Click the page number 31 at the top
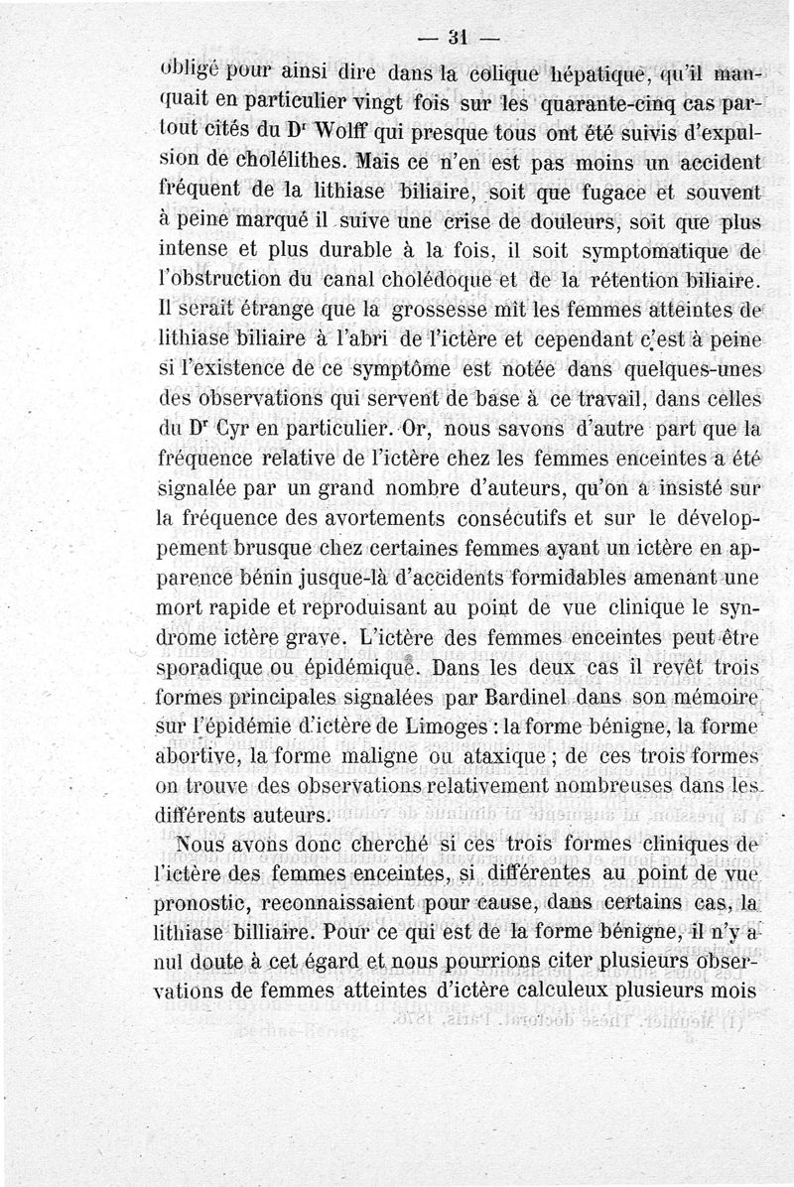click(x=457, y=41)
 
